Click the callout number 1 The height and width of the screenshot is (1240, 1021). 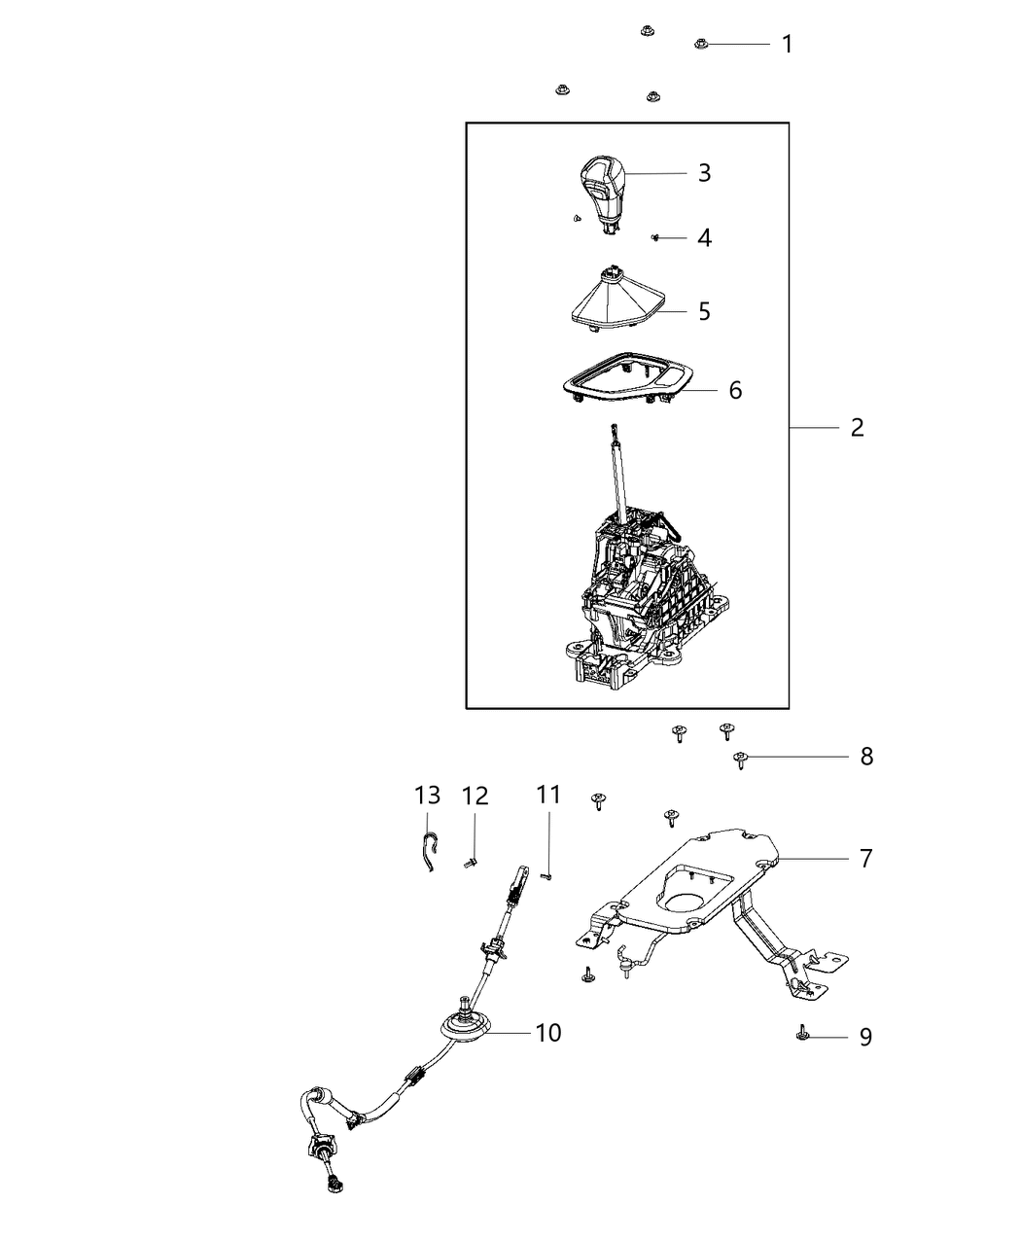click(787, 44)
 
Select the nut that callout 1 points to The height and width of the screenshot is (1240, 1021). click(701, 44)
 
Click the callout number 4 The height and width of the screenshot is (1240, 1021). click(704, 237)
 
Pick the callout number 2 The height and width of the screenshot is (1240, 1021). click(856, 427)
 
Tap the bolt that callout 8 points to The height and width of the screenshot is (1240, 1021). click(741, 758)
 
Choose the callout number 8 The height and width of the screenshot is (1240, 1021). click(865, 756)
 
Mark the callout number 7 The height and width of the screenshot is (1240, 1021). click(865, 858)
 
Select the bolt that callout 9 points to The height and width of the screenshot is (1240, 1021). click(801, 1034)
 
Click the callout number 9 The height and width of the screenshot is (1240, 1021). click(865, 1037)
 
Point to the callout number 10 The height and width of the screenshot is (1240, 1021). click(547, 1032)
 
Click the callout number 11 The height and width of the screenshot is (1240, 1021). click(548, 795)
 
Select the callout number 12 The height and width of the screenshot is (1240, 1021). click(475, 796)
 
